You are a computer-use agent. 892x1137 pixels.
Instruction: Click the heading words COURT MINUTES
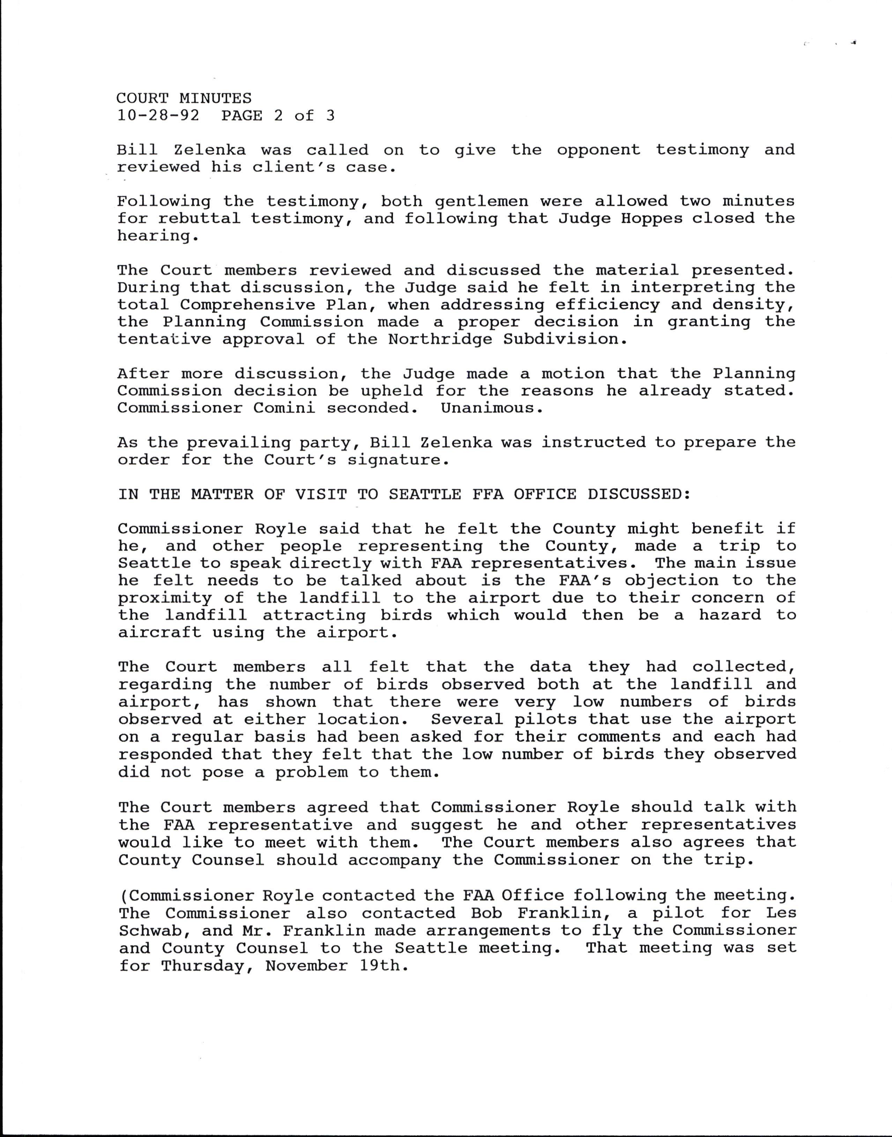click(x=184, y=98)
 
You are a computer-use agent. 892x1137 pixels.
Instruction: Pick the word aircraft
click(x=159, y=633)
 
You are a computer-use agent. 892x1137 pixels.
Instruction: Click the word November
click(x=306, y=966)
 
